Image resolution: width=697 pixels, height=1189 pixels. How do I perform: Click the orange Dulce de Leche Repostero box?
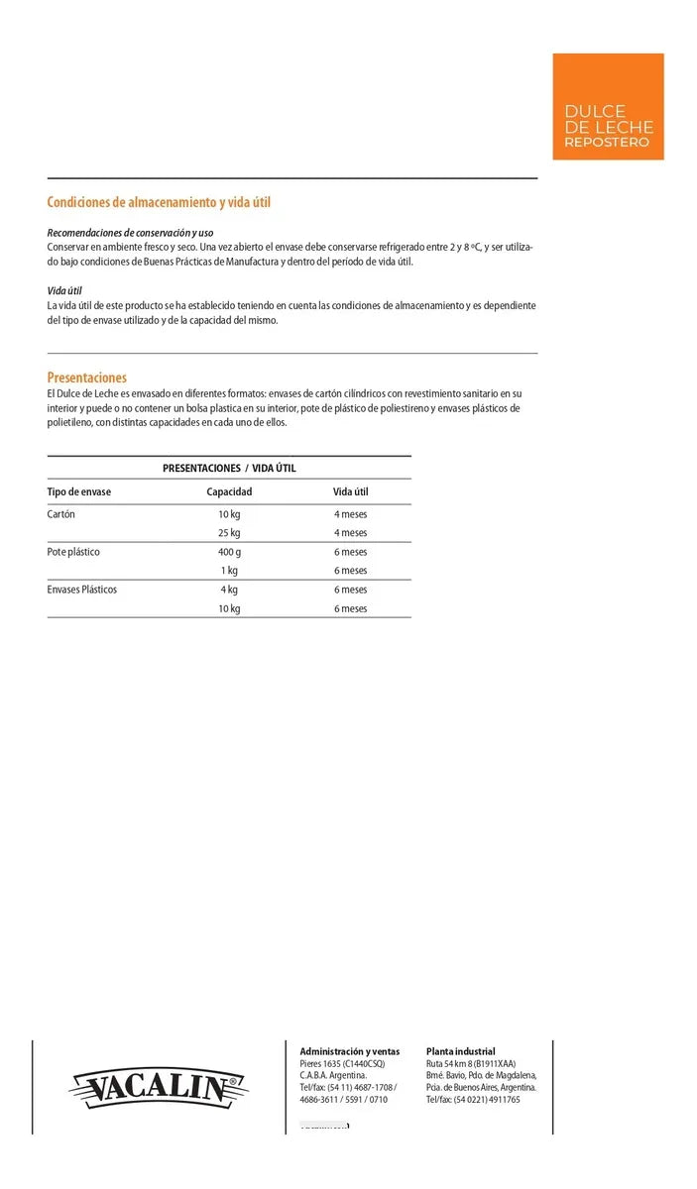coord(608,106)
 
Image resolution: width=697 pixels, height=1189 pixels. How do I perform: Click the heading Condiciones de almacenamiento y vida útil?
coord(159,202)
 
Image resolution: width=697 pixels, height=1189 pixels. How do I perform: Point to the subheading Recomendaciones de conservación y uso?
coord(130,232)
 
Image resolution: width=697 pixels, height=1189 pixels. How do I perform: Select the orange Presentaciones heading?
coord(87,378)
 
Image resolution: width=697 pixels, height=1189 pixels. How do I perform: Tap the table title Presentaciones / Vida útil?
coord(229,468)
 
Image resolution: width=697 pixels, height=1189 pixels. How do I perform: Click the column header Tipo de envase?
coord(79,491)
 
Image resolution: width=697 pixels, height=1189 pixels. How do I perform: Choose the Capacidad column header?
coord(229,491)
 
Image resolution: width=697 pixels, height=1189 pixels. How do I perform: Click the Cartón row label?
coord(61,514)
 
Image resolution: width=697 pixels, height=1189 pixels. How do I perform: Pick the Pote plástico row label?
coord(73,552)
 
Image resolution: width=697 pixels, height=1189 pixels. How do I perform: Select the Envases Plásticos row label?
coord(82,590)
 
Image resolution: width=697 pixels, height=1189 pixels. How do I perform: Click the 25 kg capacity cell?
coord(229,533)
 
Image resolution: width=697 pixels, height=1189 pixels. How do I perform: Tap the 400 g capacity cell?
coord(229,552)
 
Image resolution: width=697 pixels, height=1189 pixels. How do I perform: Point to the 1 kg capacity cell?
coord(229,571)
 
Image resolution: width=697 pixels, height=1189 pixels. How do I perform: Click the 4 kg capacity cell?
coord(229,590)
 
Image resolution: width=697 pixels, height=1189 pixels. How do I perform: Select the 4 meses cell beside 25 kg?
coord(350,533)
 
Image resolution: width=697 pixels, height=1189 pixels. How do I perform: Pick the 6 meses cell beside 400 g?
coord(350,552)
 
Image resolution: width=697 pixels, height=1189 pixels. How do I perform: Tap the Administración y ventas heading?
coord(350,1051)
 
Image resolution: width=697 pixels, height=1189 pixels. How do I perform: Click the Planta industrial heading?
coord(460,1051)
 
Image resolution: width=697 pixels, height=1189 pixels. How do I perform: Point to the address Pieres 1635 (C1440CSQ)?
coord(342,1063)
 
